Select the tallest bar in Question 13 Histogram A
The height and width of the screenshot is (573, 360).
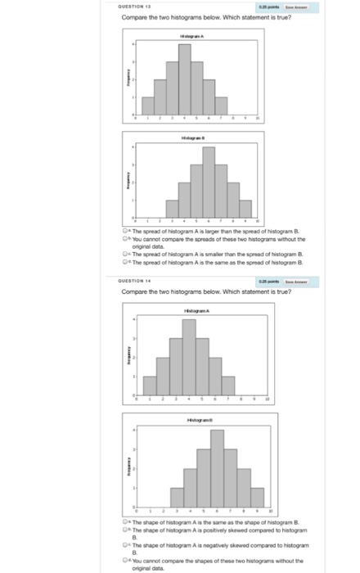pos(185,79)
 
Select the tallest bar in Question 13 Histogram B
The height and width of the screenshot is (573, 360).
pos(209,184)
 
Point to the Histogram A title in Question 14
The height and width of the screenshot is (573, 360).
pos(191,309)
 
